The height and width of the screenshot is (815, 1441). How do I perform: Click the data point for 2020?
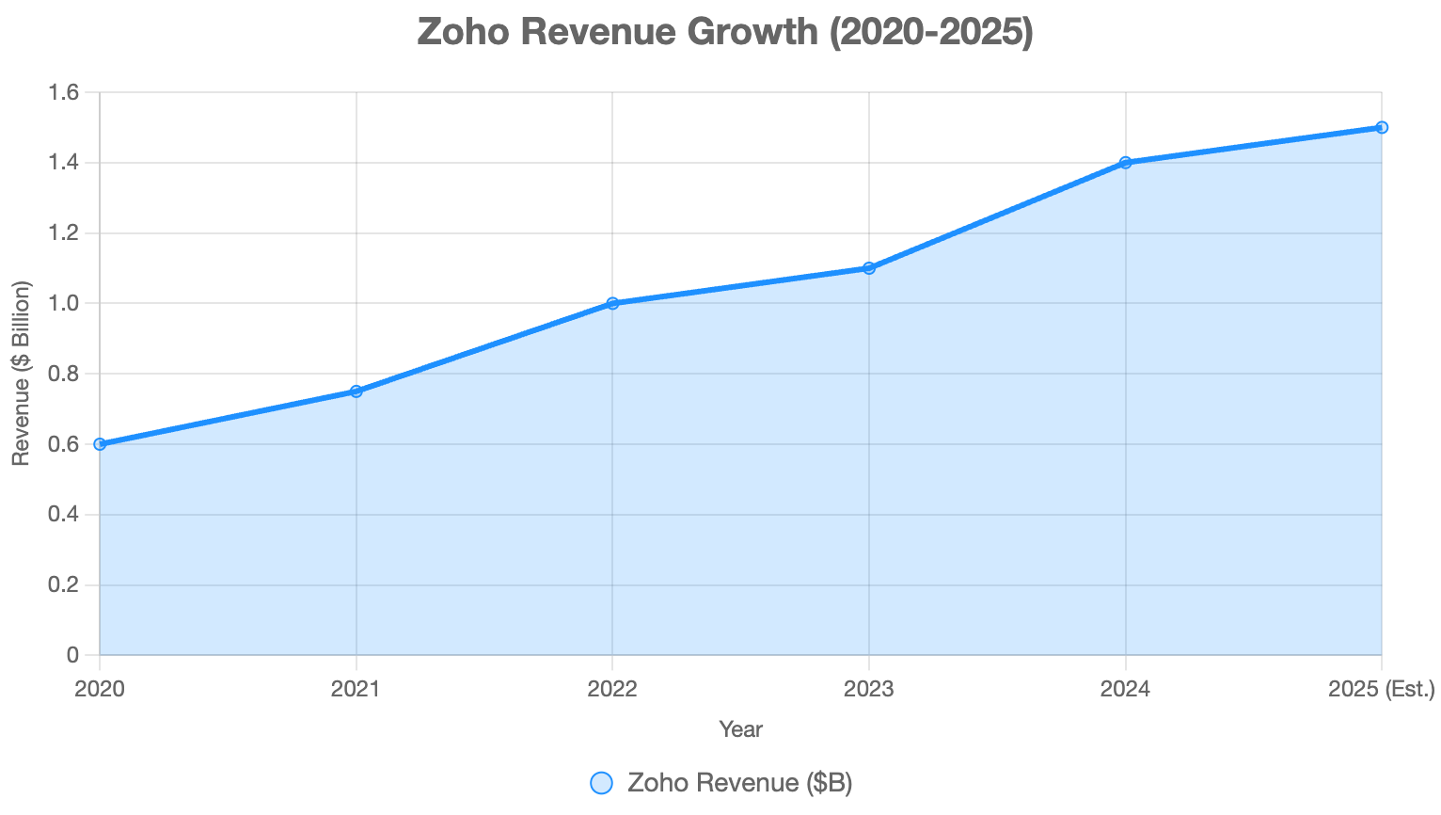click(x=100, y=444)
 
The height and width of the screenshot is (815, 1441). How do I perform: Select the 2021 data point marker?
click(x=356, y=392)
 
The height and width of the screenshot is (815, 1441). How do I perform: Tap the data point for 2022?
click(x=612, y=303)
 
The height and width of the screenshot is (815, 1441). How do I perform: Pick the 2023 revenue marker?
click(x=869, y=268)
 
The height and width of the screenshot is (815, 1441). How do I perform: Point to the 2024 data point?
click(x=1125, y=163)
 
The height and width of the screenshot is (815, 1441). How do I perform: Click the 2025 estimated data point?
click(x=1382, y=127)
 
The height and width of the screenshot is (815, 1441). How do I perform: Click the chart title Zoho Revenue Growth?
click(x=725, y=32)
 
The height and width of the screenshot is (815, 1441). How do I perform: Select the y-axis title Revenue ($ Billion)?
click(x=21, y=374)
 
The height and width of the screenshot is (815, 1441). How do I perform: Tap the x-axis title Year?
click(x=740, y=729)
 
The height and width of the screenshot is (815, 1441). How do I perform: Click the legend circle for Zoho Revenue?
click(x=601, y=783)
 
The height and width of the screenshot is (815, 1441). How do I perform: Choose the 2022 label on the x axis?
click(x=612, y=690)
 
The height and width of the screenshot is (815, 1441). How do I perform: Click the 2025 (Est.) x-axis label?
click(x=1381, y=690)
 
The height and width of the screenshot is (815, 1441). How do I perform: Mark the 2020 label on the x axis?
click(x=100, y=690)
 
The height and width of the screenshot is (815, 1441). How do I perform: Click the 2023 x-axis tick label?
click(x=869, y=690)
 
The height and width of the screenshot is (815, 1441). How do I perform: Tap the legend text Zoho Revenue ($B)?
click(x=739, y=783)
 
